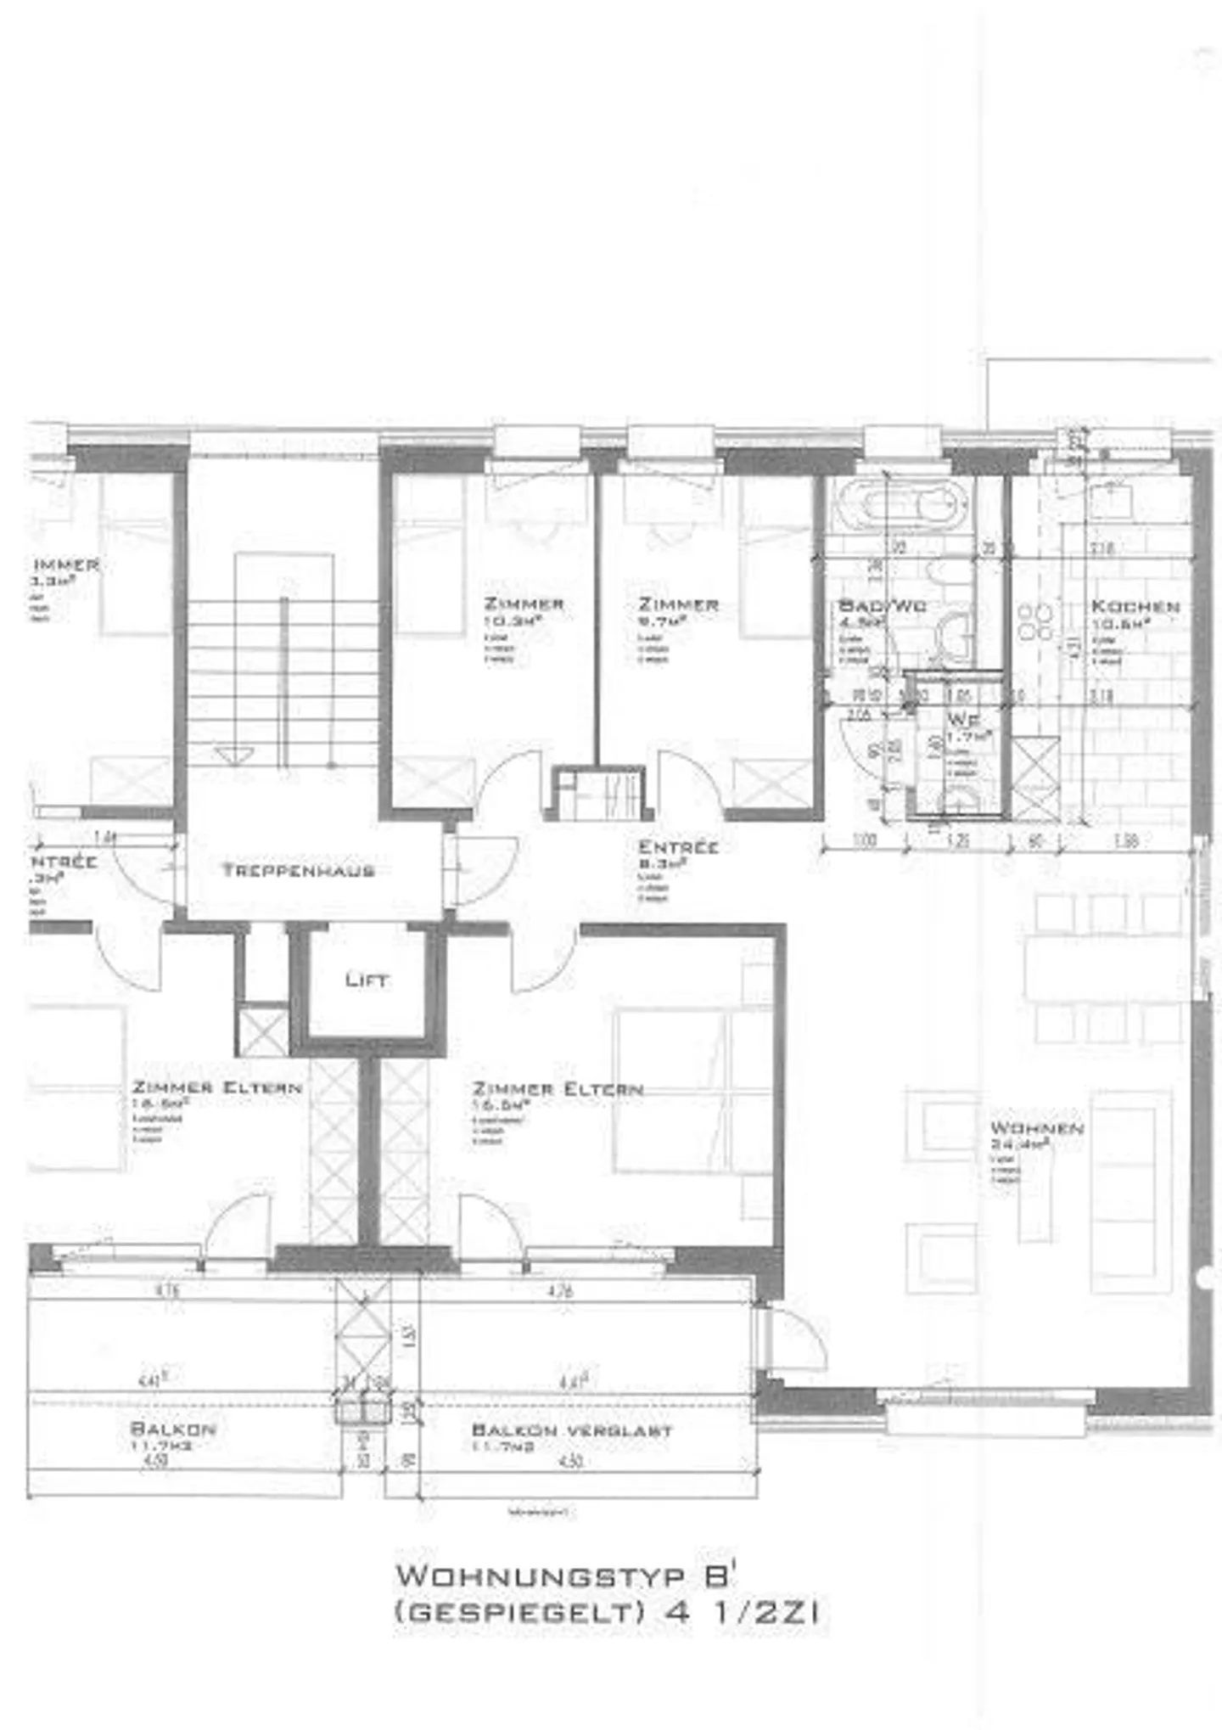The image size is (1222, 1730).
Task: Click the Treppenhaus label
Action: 298,870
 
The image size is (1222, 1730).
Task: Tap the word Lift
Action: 367,980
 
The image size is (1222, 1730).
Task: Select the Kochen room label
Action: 1135,607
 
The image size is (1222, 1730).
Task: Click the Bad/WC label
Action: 882,606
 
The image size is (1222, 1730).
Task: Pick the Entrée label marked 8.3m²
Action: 678,847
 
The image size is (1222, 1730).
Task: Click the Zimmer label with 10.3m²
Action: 524,604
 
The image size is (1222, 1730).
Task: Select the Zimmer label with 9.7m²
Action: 678,604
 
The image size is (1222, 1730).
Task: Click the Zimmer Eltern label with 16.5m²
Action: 558,1089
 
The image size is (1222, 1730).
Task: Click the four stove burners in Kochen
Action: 1035,621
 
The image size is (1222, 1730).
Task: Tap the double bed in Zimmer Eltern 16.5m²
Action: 692,1091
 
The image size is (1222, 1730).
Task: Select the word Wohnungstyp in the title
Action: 540,1576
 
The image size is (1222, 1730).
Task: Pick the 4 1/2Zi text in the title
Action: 744,1612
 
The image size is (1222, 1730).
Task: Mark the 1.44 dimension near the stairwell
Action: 106,838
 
